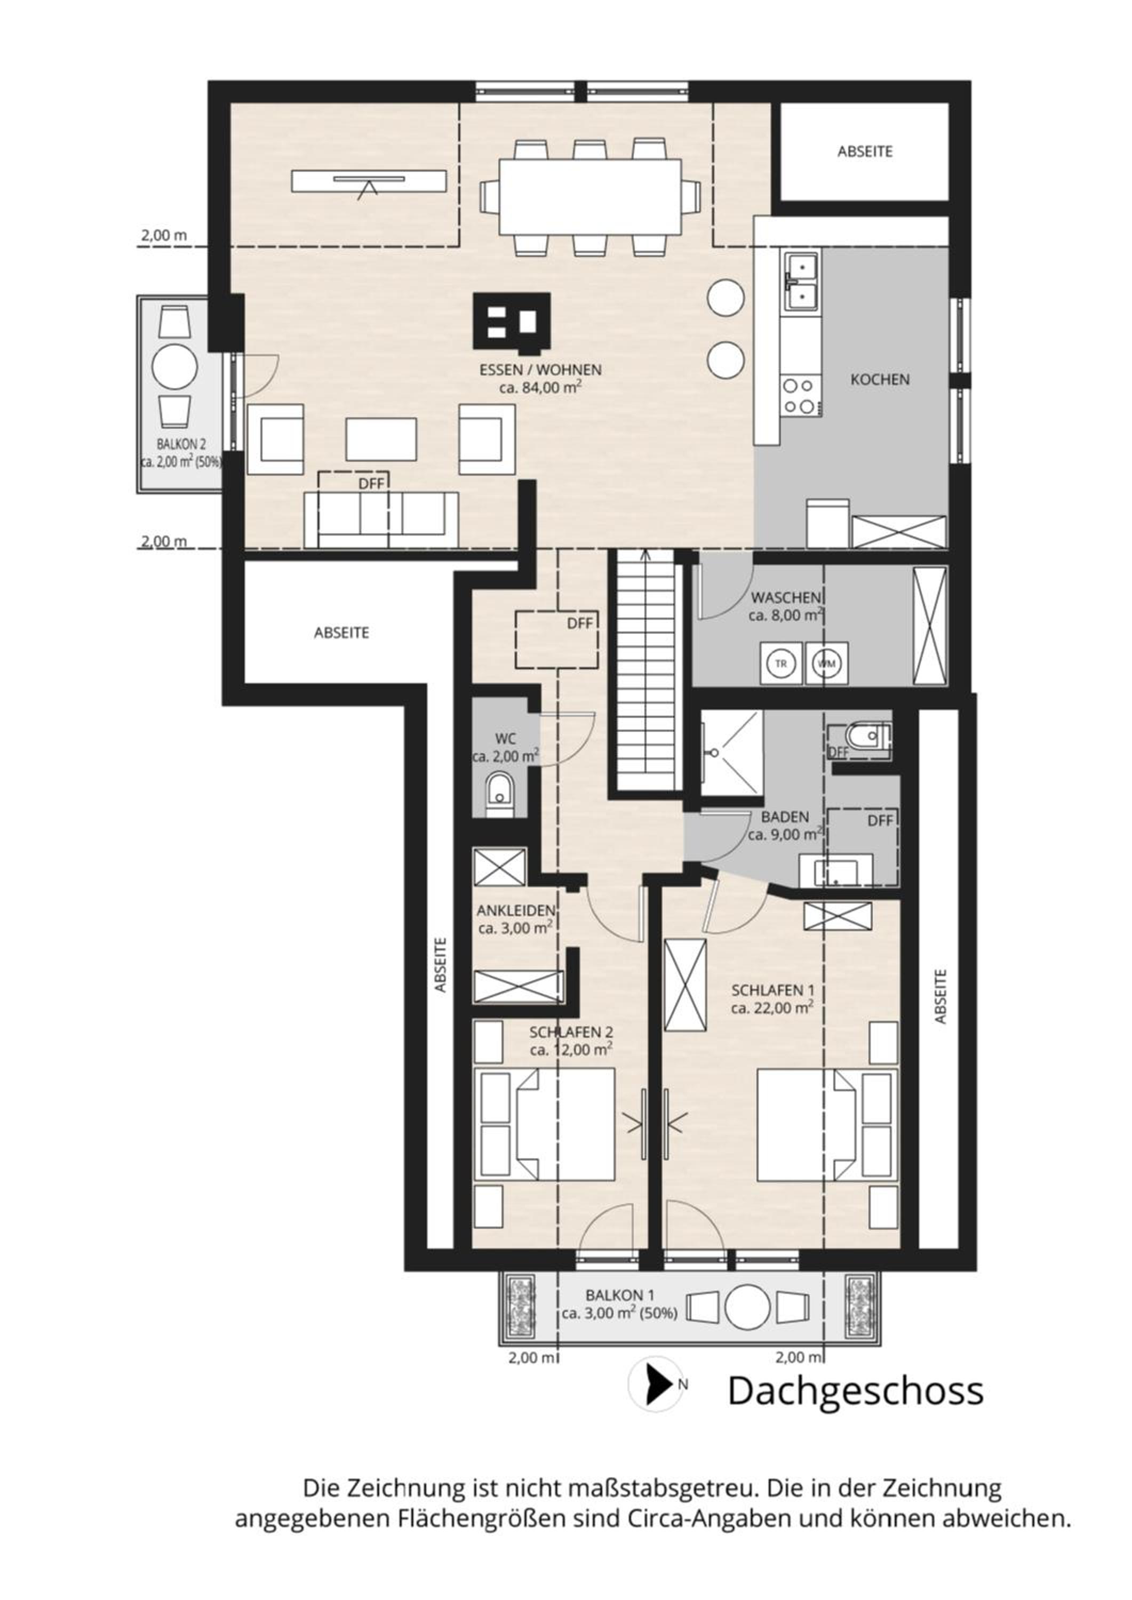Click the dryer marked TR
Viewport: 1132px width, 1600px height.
(780, 663)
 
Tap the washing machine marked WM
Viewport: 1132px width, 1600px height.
(827, 663)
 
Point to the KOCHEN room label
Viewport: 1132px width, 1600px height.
(880, 380)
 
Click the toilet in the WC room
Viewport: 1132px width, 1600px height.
(500, 795)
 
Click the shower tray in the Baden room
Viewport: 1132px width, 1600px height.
(732, 752)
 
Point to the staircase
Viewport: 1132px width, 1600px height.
(646, 670)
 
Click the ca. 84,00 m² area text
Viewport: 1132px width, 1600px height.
(541, 387)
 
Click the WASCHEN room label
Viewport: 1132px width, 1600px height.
(786, 598)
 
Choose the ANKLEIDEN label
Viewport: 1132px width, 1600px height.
(516, 911)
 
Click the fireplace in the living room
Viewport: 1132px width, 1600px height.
(511, 321)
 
